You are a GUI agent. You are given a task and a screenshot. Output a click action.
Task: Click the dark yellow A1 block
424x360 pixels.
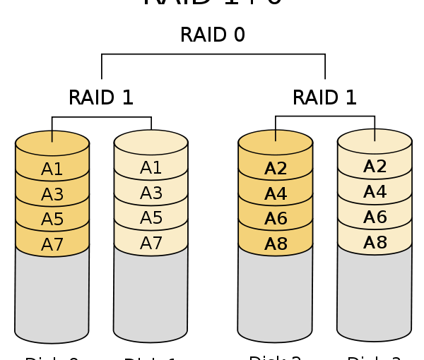click(52, 169)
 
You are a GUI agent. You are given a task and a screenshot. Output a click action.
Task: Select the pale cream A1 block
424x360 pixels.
click(151, 168)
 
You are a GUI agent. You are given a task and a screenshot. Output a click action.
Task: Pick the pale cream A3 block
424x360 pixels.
click(151, 193)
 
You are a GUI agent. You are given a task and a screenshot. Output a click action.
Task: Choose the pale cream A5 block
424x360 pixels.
click(151, 218)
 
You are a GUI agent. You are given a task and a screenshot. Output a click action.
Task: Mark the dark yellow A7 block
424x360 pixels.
click(52, 245)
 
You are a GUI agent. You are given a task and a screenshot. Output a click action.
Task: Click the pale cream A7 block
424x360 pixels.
click(151, 244)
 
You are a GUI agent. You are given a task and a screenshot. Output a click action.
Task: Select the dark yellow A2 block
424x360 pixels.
click(276, 169)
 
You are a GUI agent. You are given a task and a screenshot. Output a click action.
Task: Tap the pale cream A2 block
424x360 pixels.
click(375, 167)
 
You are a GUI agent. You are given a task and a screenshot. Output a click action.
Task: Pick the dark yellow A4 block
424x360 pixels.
click(276, 194)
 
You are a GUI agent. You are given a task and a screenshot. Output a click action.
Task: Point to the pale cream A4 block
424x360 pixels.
click(375, 192)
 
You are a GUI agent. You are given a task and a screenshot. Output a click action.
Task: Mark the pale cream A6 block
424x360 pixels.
click(375, 217)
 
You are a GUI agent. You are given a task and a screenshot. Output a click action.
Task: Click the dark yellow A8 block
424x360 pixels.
click(276, 244)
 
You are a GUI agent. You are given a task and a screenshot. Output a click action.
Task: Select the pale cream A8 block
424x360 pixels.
click(375, 243)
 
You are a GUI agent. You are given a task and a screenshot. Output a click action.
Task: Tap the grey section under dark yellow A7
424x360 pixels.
click(52, 296)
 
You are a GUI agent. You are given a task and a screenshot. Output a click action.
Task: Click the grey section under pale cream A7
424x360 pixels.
click(151, 296)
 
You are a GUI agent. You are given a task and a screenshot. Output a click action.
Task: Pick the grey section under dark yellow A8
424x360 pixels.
click(276, 296)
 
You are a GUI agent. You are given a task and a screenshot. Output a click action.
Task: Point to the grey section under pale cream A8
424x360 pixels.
click(375, 296)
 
